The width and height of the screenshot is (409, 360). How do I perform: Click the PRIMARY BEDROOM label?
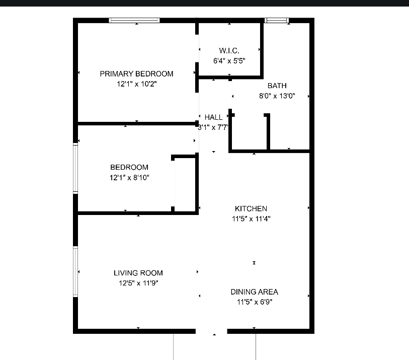pyautogui.click(x=136, y=74)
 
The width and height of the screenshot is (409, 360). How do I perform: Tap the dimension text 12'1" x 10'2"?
pyautogui.click(x=137, y=84)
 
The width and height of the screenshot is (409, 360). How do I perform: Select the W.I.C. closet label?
pyautogui.click(x=229, y=50)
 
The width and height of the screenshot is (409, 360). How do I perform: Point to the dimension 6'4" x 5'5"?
pyautogui.click(x=229, y=61)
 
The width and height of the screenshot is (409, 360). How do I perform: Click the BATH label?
pyautogui.click(x=277, y=86)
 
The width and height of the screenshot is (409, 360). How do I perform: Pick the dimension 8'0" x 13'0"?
pyautogui.click(x=277, y=96)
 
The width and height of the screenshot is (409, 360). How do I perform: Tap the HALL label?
pyautogui.click(x=214, y=117)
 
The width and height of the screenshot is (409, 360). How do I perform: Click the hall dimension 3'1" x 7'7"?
pyautogui.click(x=213, y=127)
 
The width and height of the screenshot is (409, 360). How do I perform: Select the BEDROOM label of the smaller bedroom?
pyautogui.click(x=129, y=167)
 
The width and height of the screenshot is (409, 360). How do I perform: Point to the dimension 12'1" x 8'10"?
pyautogui.click(x=129, y=178)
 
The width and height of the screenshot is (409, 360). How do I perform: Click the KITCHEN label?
pyautogui.click(x=251, y=208)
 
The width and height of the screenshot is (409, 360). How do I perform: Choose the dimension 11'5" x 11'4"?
pyautogui.click(x=251, y=219)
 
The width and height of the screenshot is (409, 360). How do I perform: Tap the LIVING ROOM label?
pyautogui.click(x=138, y=273)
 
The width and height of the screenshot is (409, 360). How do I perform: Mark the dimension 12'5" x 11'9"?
pyautogui.click(x=138, y=283)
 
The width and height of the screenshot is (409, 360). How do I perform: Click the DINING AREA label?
pyautogui.click(x=255, y=292)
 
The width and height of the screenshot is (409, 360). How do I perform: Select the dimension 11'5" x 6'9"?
pyautogui.click(x=255, y=302)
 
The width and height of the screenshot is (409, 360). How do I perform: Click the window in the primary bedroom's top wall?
pyautogui.click(x=134, y=20)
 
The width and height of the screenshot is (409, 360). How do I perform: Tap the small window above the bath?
pyautogui.click(x=277, y=20)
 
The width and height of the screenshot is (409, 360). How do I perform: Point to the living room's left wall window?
pyautogui.click(x=75, y=271)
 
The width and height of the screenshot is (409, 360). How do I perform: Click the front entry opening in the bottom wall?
pyautogui.click(x=211, y=331)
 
